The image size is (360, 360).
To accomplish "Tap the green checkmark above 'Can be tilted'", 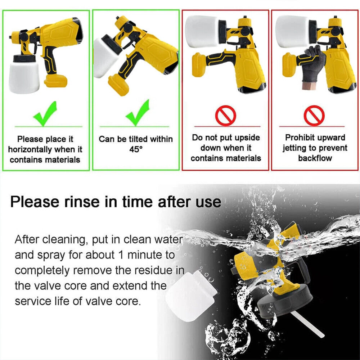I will tap(137, 113).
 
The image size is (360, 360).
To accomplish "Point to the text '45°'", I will tap(136, 149).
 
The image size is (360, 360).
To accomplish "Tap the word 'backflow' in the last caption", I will tap(315, 158).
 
